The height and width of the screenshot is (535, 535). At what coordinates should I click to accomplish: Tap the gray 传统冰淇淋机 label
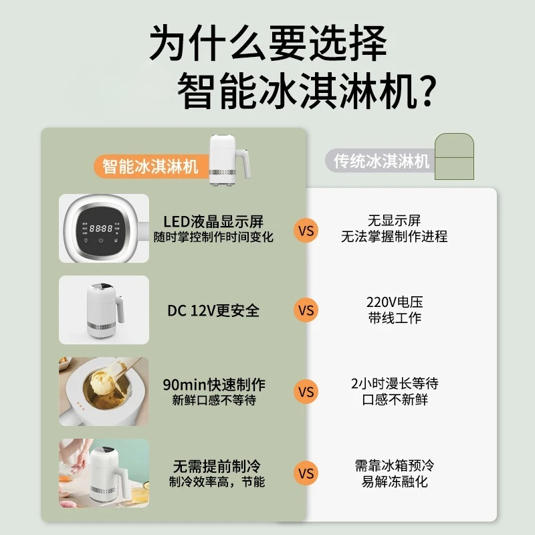[x=381, y=160]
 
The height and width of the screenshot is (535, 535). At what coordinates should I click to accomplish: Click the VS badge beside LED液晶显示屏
[x=306, y=231]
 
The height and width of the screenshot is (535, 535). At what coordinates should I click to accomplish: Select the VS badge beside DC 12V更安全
[x=306, y=310]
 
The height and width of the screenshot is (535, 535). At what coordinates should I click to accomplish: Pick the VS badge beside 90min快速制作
[x=306, y=392]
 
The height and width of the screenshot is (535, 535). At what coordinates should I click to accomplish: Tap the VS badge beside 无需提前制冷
[x=306, y=473]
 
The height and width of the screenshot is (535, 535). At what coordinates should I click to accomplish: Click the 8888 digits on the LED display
[x=101, y=228]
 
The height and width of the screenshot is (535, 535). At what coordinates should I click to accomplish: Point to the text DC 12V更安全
[x=213, y=310]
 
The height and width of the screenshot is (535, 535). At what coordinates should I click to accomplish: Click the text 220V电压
[x=395, y=302]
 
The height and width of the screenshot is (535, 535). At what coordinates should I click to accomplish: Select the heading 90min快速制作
[x=214, y=385]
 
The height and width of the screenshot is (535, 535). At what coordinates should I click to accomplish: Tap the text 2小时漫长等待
[x=395, y=383]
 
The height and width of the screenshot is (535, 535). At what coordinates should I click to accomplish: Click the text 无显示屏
[x=395, y=221]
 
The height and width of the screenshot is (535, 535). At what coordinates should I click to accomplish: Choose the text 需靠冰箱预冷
[x=395, y=465]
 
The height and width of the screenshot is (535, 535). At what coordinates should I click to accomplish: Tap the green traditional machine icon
[x=454, y=156]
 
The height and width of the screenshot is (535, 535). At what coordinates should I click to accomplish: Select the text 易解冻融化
[x=395, y=481]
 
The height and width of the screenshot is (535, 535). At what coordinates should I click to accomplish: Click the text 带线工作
[x=395, y=318]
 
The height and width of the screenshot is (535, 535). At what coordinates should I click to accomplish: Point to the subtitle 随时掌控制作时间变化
[x=213, y=237]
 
